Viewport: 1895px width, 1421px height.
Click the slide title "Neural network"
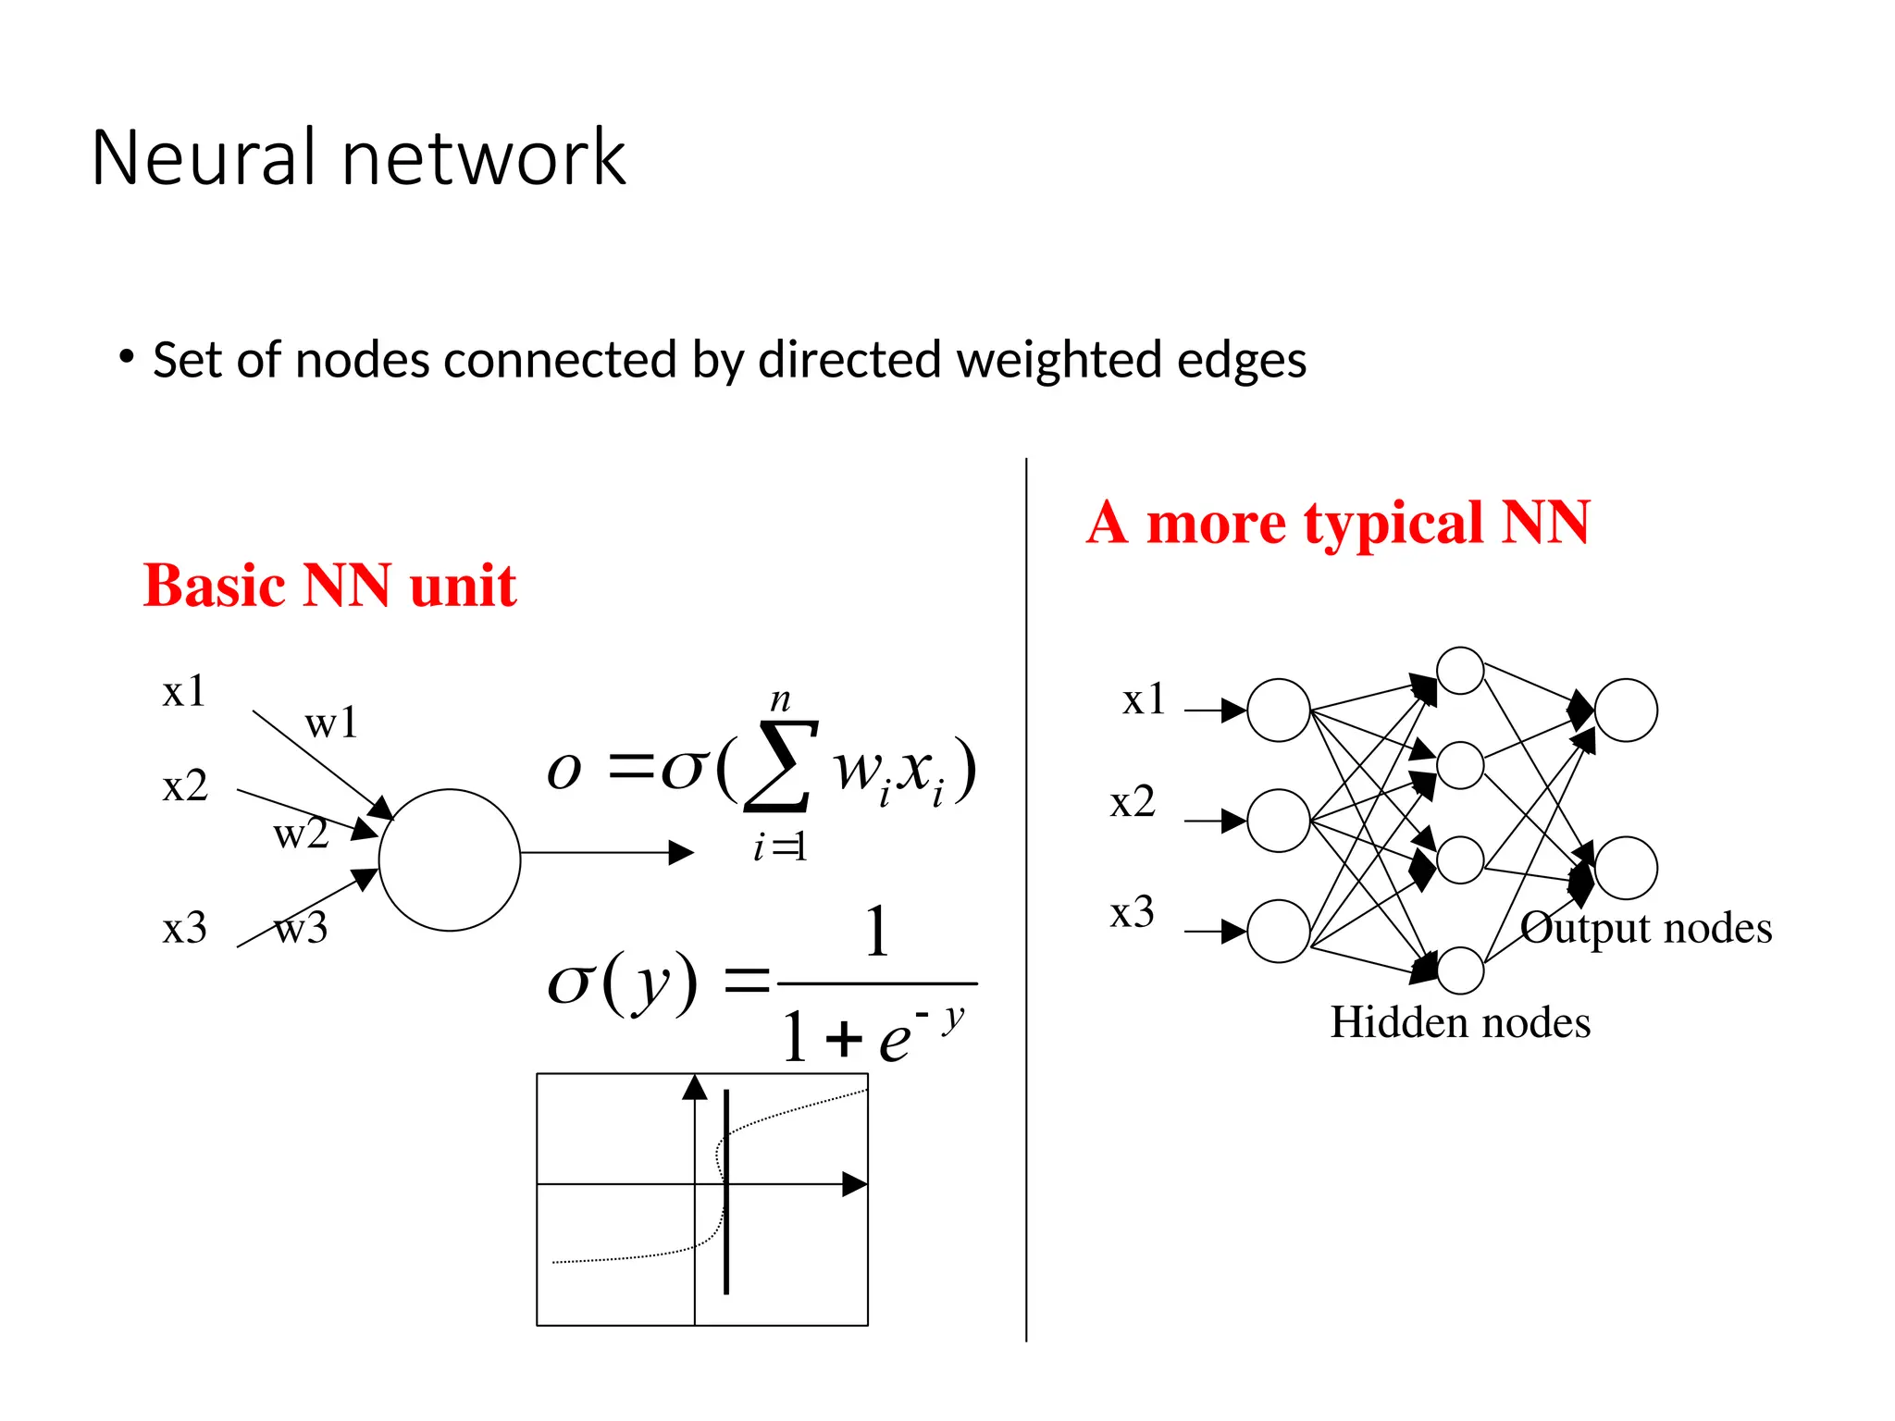tap(359, 157)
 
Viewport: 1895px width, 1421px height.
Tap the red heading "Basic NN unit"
tap(329, 586)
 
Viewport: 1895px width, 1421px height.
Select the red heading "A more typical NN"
tap(1338, 523)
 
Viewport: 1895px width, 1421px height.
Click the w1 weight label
tap(330, 723)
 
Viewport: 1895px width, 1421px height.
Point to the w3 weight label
tap(302, 928)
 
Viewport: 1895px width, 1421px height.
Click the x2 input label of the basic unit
tap(185, 786)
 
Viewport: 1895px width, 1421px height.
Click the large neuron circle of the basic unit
tap(450, 859)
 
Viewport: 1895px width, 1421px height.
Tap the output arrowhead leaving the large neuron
tap(681, 853)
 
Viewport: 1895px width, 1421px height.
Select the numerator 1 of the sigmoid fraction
tap(876, 933)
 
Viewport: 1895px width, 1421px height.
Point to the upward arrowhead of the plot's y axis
tap(695, 1088)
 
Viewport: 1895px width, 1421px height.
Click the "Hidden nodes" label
tap(1460, 1023)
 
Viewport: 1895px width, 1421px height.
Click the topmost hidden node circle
tap(1460, 671)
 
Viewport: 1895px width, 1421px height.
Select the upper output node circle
tap(1626, 710)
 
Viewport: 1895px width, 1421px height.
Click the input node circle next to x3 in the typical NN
tap(1279, 932)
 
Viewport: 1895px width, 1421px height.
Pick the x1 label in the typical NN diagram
tap(1144, 699)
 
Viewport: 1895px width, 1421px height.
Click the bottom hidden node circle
tap(1460, 970)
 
